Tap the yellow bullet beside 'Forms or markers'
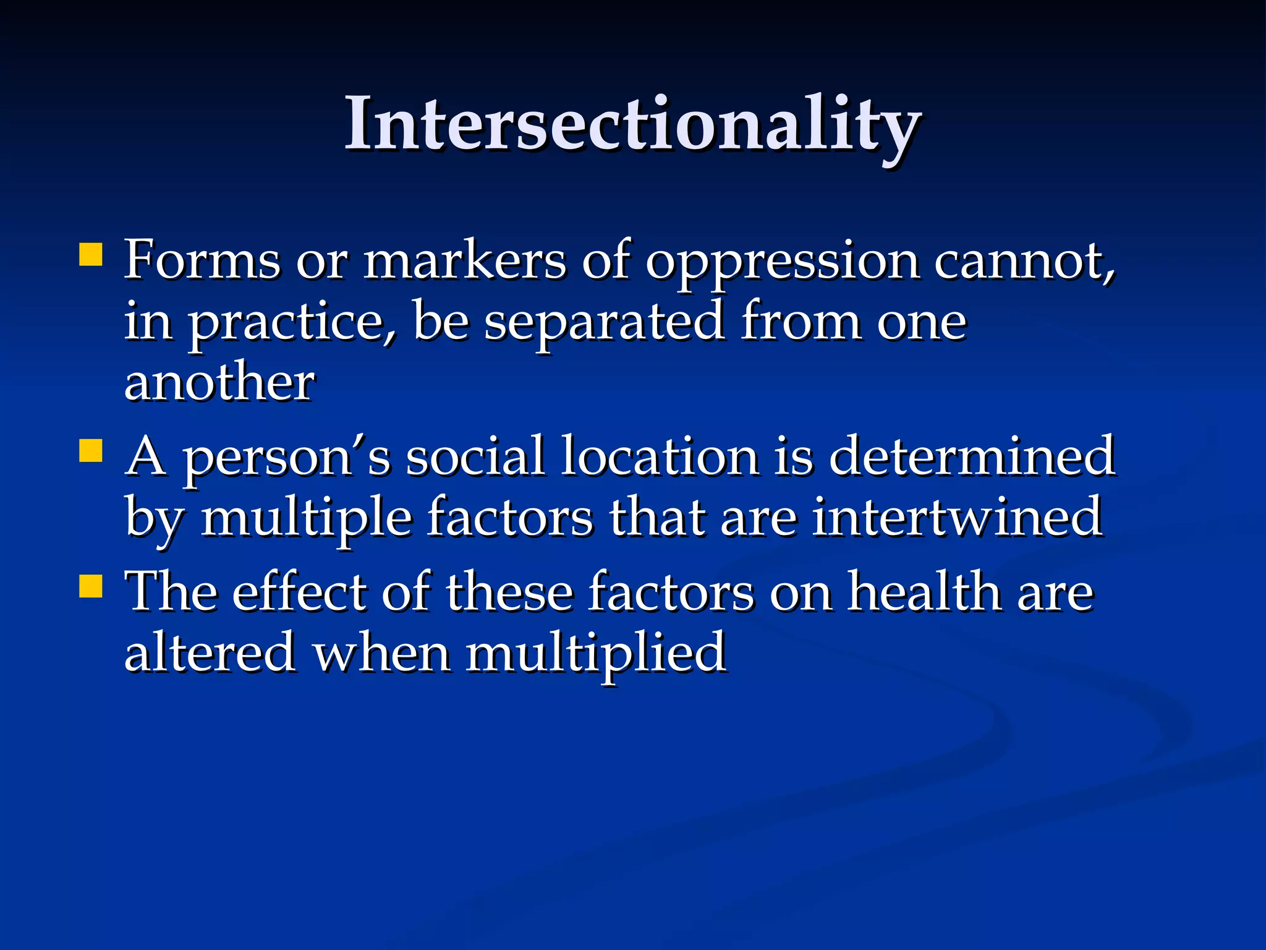pyautogui.click(x=91, y=254)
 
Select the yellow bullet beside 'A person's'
pyautogui.click(x=91, y=451)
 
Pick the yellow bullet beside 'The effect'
pyautogui.click(x=91, y=586)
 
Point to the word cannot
pyautogui.click(x=1023, y=262)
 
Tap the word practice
pyautogui.click(x=291, y=323)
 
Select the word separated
pyautogui.click(x=604, y=323)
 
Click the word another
pyautogui.click(x=219, y=383)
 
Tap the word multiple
pyautogui.click(x=307, y=518)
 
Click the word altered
pyautogui.click(x=210, y=653)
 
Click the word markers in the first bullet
pyautogui.click(x=464, y=260)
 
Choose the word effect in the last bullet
pyautogui.click(x=299, y=592)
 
